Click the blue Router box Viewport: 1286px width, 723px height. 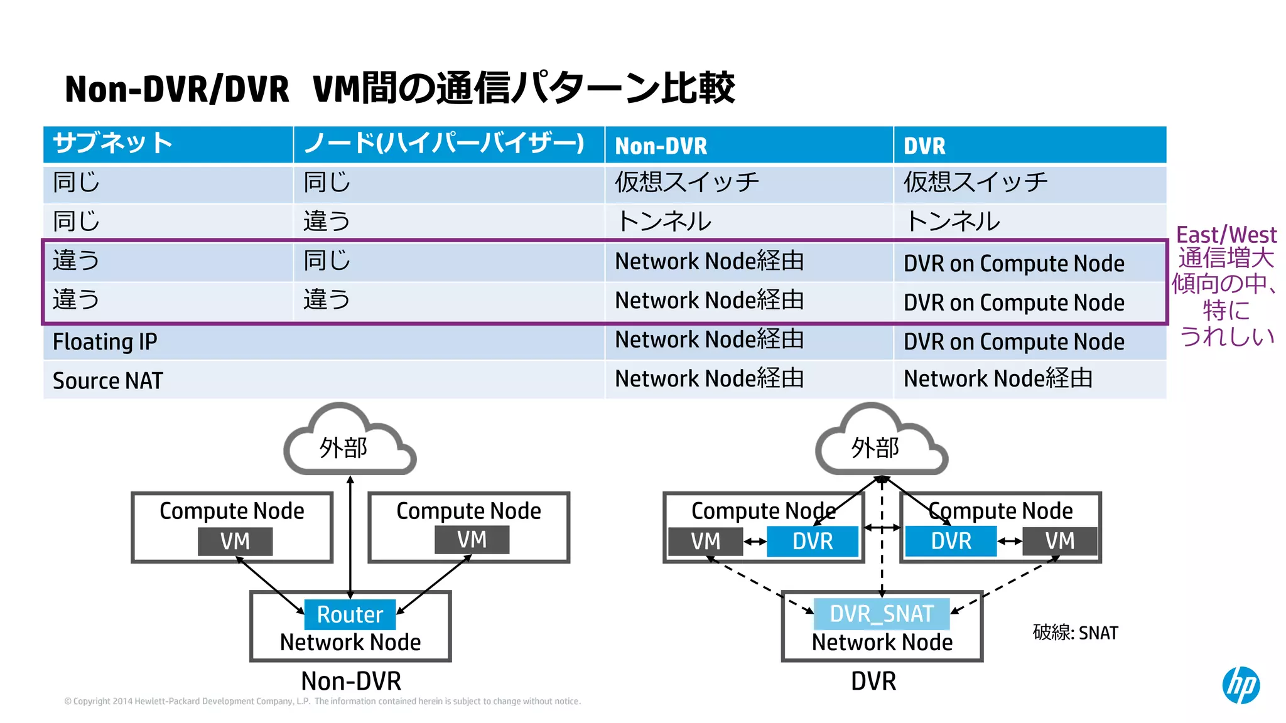click(x=350, y=614)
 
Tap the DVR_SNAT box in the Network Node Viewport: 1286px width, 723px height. click(x=882, y=614)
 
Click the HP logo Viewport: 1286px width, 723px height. click(x=1240, y=685)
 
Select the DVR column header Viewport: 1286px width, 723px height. click(x=924, y=146)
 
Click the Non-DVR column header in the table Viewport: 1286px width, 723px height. click(x=661, y=146)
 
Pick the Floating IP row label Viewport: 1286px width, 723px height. click(x=105, y=342)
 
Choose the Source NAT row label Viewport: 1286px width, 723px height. click(x=107, y=381)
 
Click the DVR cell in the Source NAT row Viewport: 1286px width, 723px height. click(x=998, y=379)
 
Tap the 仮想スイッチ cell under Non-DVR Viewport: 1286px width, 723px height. click(x=686, y=183)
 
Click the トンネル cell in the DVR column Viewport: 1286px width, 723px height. click(x=952, y=222)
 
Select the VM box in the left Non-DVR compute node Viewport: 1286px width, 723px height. click(x=235, y=541)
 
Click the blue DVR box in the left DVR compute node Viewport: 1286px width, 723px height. click(x=812, y=541)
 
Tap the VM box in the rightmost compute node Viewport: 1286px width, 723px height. click(x=1059, y=541)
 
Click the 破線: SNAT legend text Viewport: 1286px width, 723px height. click(x=1075, y=633)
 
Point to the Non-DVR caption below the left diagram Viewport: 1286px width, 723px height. click(x=350, y=681)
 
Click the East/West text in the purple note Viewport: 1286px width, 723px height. click(x=1226, y=235)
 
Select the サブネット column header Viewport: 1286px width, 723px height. click(x=112, y=143)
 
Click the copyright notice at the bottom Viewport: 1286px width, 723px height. click(x=322, y=702)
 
